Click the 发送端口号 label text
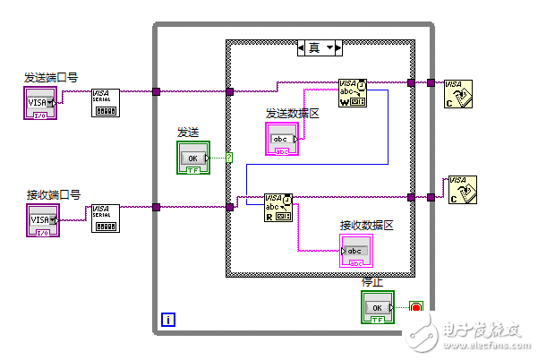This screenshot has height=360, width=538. coord(50,78)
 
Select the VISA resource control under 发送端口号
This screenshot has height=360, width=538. coord(40,103)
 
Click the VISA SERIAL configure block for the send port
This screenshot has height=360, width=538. coord(106,103)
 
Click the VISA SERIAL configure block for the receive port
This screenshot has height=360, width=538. coord(106,219)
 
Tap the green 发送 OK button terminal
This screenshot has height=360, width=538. coord(192,157)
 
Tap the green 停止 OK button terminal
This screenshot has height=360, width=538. coord(378,307)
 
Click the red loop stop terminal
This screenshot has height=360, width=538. coord(415,307)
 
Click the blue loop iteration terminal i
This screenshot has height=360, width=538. coord(167,318)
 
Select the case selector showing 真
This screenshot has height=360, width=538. coord(320,47)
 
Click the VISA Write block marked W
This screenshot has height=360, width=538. coord(352,92)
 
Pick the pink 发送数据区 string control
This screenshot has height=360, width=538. coord(282,139)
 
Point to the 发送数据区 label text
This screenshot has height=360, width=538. coord(292,114)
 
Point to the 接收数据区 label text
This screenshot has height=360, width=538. coord(366,225)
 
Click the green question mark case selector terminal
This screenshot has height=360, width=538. coord(229,159)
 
